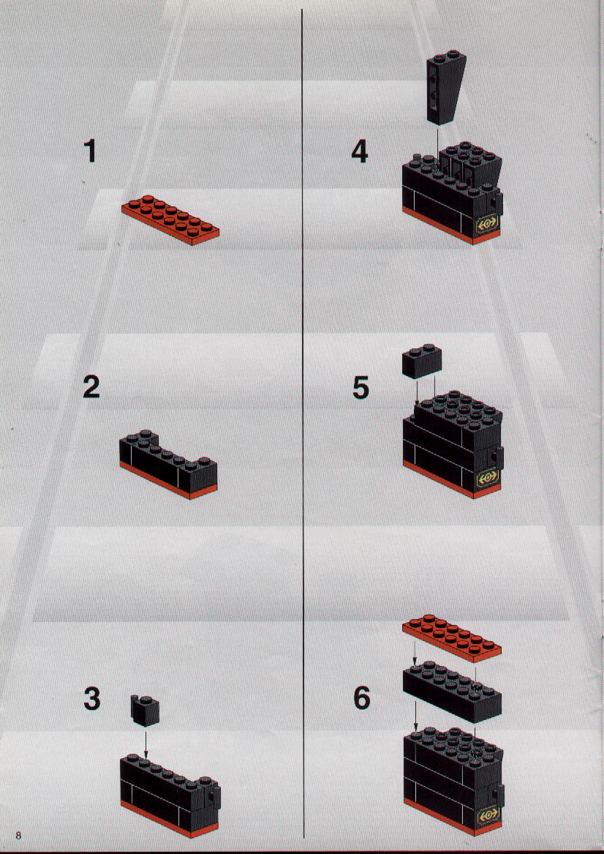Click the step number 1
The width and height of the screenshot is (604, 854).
[91, 151]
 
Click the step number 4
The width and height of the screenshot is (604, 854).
[360, 151]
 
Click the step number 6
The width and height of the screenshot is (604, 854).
[361, 697]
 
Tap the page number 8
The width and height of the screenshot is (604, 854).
[18, 836]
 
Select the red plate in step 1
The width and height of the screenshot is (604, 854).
[170, 219]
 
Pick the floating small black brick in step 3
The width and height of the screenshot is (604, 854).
[145, 711]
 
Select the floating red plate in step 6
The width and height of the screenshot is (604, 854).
[452, 638]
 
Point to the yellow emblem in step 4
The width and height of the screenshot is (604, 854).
[487, 224]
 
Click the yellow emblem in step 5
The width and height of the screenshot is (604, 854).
[487, 478]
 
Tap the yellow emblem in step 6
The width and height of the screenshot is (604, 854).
[488, 814]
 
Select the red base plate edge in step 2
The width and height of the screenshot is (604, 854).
[168, 481]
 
